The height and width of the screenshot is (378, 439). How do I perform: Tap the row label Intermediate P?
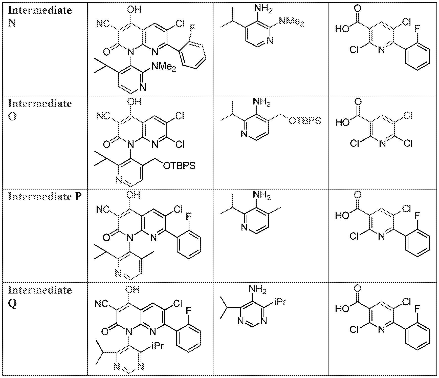click(x=45, y=197)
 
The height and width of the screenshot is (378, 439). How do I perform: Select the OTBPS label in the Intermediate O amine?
click(x=305, y=121)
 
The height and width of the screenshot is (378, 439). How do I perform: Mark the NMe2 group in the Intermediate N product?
click(x=163, y=67)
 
